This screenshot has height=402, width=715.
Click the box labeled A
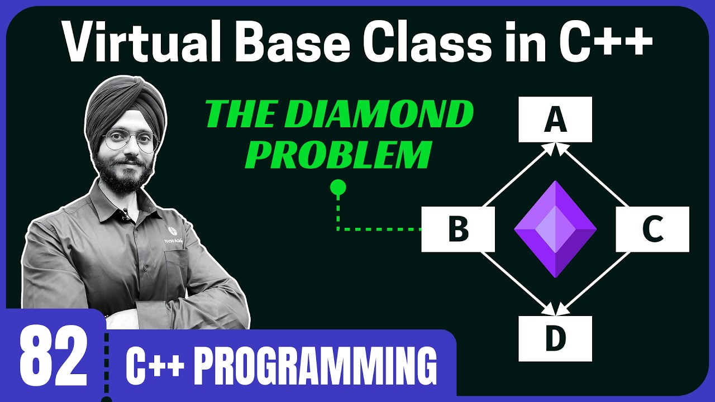[555, 119]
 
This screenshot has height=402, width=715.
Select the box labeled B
[458, 229]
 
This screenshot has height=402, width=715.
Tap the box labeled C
[652, 229]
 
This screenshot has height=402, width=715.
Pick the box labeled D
[555, 338]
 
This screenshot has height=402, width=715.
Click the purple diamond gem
[555, 229]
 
